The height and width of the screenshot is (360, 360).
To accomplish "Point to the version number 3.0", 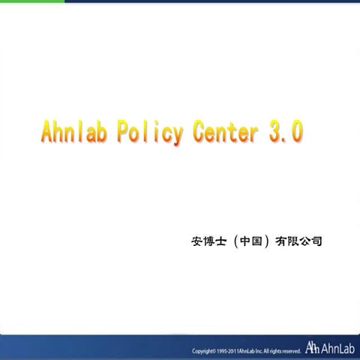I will tap(286, 133).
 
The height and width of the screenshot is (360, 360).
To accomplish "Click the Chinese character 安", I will tap(198, 241).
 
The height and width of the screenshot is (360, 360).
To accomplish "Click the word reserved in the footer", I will tap(290, 350).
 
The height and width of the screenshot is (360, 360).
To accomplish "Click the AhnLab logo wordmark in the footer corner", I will tap(337, 347).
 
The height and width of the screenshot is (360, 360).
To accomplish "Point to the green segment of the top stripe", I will tap(30, 1).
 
